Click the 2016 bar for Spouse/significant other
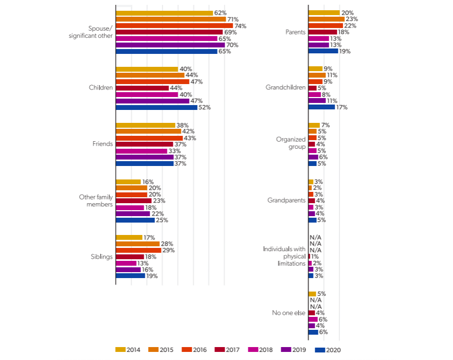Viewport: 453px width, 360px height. pos(174,26)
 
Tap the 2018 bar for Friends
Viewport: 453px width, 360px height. pos(141,151)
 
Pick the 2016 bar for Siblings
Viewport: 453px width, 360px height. pos(138,250)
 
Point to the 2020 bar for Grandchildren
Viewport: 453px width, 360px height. pos(321,107)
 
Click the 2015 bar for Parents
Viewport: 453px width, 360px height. pos(326,19)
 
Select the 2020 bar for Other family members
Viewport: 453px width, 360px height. pos(135,220)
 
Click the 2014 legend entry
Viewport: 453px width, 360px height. pos(128,350)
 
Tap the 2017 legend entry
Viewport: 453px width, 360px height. pos(227,350)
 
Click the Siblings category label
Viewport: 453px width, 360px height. pos(101,257)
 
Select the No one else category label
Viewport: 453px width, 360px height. pos(289,313)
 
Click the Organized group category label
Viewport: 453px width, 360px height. pos(290,143)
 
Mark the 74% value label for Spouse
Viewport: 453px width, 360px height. pos(240,26)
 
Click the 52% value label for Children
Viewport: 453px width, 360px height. pos(204,107)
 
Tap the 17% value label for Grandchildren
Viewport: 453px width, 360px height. pos(342,107)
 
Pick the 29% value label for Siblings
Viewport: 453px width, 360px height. pos(169,250)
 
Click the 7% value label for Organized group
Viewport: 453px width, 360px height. pos(325,125)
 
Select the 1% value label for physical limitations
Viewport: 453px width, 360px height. pos(315,257)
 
